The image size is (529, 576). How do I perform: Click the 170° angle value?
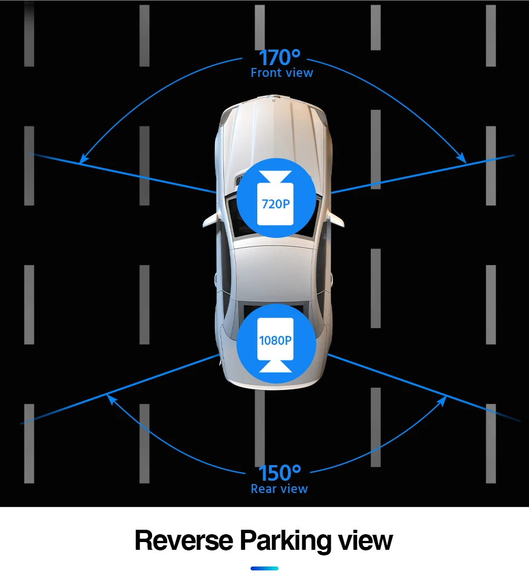(x=280, y=57)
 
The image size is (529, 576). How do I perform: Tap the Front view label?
(x=282, y=73)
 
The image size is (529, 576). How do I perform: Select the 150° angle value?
(x=280, y=474)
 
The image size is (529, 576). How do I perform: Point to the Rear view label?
(x=279, y=489)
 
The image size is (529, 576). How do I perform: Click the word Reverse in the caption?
(x=184, y=541)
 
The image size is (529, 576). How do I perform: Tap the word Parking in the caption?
(x=286, y=541)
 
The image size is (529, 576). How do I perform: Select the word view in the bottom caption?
(x=366, y=541)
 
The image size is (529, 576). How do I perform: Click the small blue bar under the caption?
(x=264, y=568)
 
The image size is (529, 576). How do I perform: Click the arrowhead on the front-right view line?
(x=463, y=159)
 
